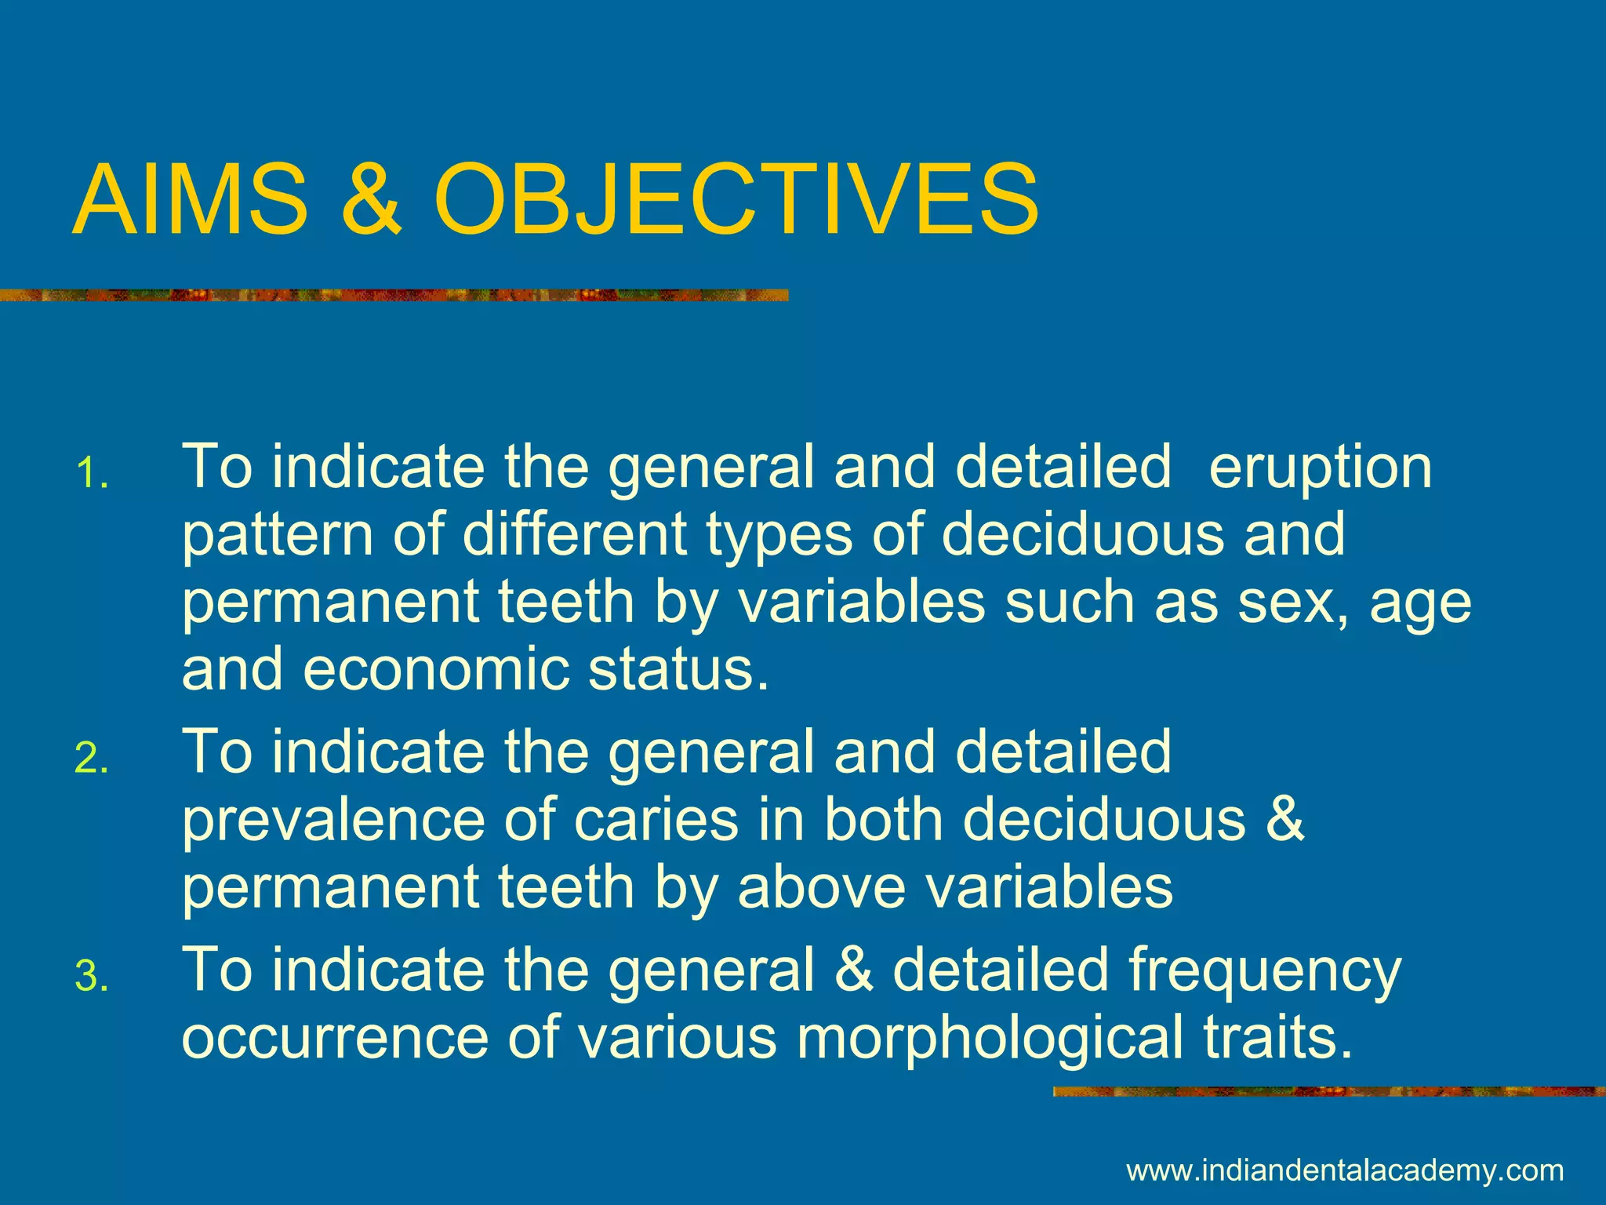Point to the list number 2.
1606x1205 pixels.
click(x=92, y=759)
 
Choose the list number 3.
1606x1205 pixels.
click(x=92, y=977)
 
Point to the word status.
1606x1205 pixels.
click(x=679, y=671)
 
